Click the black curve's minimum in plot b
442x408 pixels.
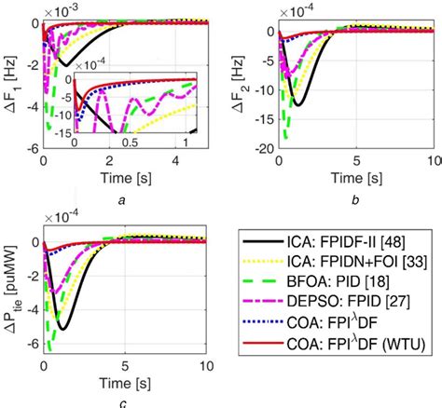297,104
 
